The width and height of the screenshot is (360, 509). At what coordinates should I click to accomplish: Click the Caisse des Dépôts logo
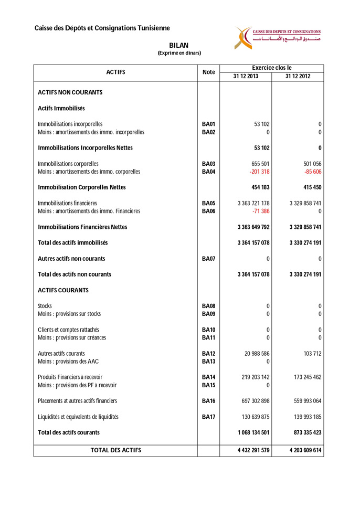point(277,37)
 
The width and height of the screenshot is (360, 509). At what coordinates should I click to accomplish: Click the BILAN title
point(179,46)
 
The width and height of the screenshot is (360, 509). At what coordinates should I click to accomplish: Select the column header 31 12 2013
point(246,76)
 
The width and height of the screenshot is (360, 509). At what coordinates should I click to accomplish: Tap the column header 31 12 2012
point(298,76)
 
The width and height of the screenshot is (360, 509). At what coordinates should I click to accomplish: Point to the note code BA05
point(208,203)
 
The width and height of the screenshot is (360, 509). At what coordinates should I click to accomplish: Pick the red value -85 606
point(312,172)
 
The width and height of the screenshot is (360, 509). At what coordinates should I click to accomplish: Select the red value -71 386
point(261,211)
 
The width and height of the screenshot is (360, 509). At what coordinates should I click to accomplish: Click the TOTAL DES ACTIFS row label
point(115,450)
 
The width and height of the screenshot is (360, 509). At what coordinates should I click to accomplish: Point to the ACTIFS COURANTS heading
point(63,290)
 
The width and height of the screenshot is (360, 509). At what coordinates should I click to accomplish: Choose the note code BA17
point(208,417)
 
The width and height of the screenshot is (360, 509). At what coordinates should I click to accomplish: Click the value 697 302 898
point(253,401)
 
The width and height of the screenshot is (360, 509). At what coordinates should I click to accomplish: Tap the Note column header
point(208,72)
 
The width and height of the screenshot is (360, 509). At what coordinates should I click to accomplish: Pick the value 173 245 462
point(305,377)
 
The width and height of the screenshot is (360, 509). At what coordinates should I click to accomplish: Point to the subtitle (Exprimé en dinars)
point(179,53)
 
